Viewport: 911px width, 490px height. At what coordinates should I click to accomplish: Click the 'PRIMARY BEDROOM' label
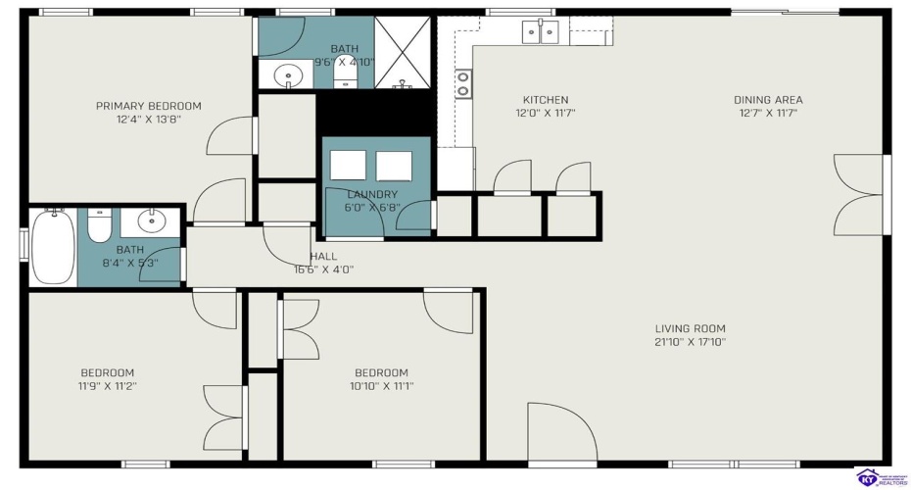[148, 106]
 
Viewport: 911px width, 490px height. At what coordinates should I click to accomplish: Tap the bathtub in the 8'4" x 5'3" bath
[52, 246]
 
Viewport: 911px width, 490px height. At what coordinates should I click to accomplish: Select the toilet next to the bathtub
[100, 226]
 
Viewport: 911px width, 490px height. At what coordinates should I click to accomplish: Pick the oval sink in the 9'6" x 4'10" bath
[287, 73]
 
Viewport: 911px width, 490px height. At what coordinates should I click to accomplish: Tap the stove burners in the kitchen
[462, 85]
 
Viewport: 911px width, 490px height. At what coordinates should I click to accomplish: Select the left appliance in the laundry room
[348, 166]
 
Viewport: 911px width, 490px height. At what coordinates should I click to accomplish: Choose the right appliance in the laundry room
[394, 166]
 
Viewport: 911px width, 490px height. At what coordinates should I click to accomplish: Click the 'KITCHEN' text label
[545, 100]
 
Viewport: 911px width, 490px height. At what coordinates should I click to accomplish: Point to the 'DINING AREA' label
[768, 100]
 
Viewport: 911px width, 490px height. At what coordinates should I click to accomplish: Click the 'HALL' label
[323, 257]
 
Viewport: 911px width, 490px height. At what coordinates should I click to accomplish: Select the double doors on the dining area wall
[860, 194]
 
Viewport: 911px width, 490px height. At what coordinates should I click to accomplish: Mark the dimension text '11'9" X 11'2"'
[108, 386]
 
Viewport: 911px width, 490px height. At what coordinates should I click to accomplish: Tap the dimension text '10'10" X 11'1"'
[381, 386]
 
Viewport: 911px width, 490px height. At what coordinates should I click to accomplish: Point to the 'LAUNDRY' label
[372, 194]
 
